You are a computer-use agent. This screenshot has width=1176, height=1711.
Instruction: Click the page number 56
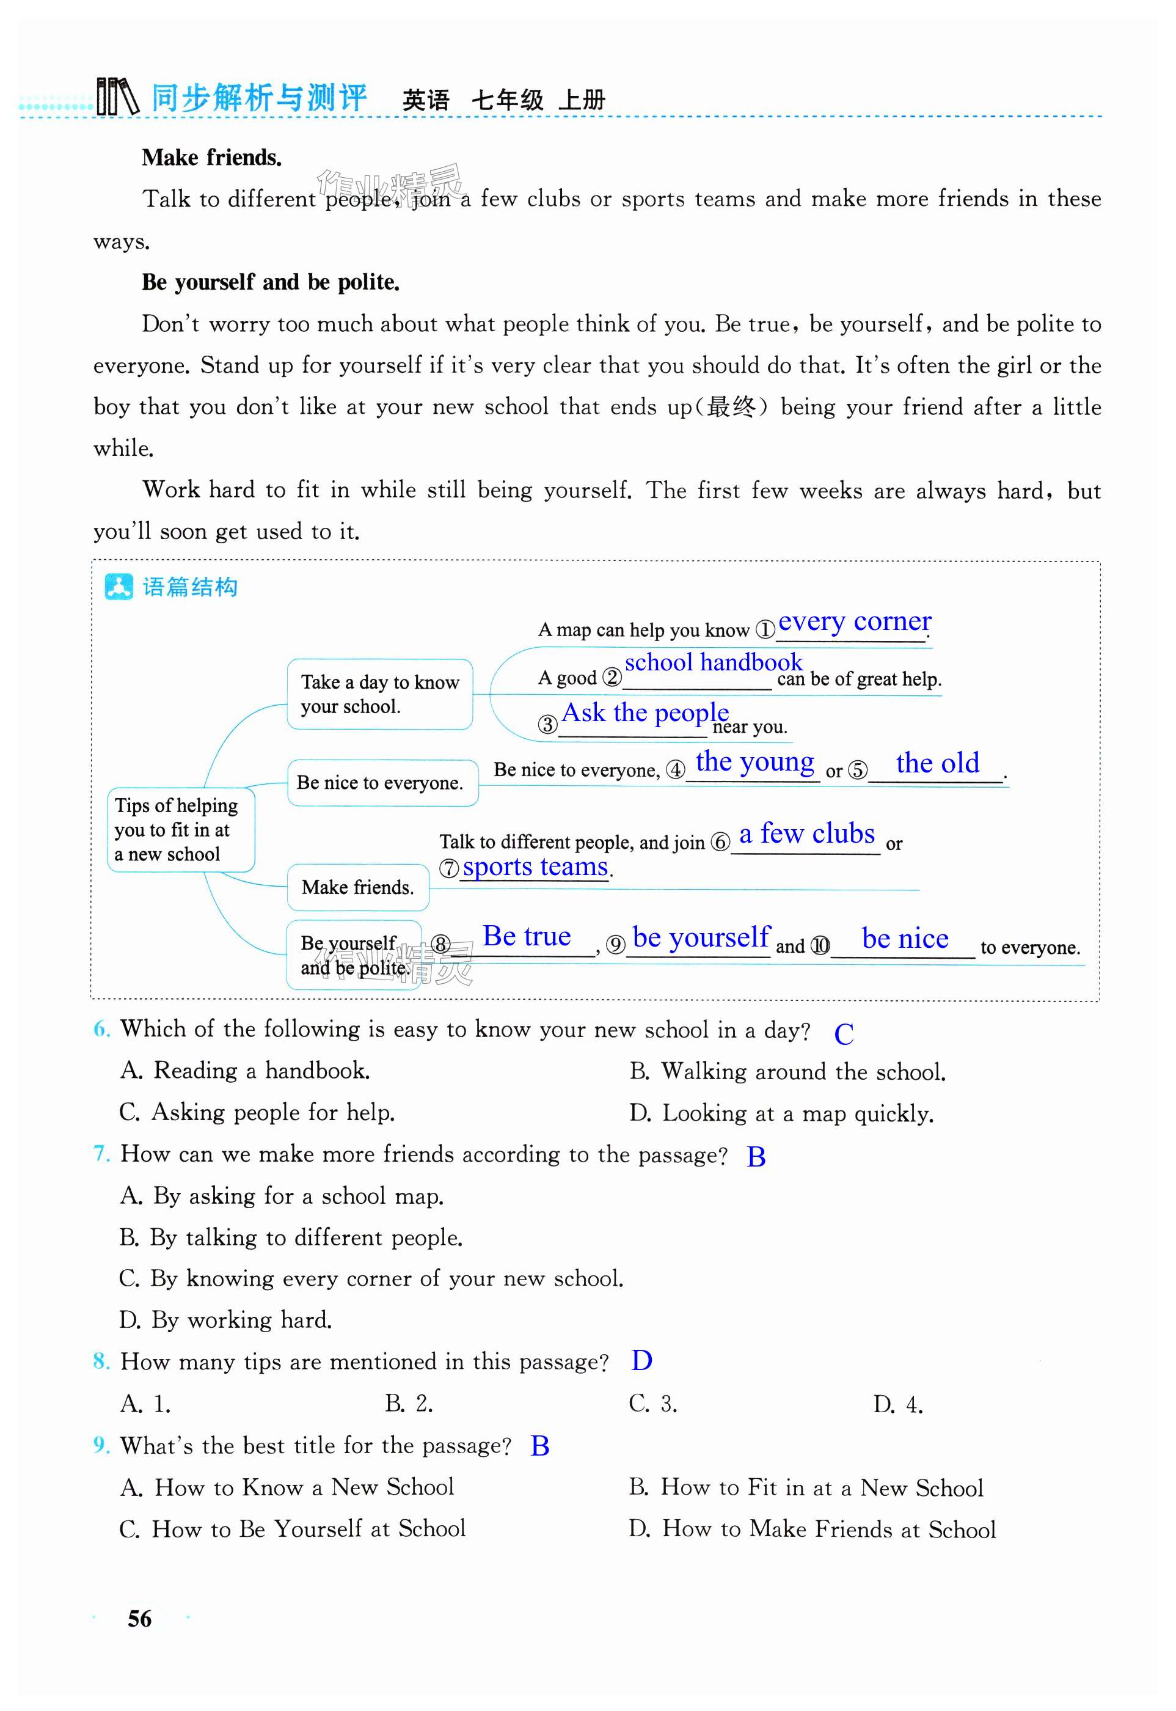139,1618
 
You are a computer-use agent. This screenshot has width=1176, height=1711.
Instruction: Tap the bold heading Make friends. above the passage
211,158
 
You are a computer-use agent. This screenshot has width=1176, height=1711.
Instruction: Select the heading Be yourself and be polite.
271,282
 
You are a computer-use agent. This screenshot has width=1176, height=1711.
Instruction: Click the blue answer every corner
854,621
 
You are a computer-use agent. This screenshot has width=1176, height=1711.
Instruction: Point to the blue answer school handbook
714,662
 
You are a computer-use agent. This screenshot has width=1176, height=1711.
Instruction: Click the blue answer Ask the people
645,713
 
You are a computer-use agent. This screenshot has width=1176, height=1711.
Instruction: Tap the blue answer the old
937,763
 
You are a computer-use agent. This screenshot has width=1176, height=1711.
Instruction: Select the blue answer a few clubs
807,834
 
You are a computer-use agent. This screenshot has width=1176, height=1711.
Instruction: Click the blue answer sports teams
535,866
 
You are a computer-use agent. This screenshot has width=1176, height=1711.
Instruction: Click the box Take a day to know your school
379,694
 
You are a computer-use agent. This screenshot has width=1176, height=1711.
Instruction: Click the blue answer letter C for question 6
844,1035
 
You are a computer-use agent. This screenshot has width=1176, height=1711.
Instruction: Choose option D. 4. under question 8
897,1404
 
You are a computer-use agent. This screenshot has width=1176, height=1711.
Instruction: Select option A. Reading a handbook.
244,1071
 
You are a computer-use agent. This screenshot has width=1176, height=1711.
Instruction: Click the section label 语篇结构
189,587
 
